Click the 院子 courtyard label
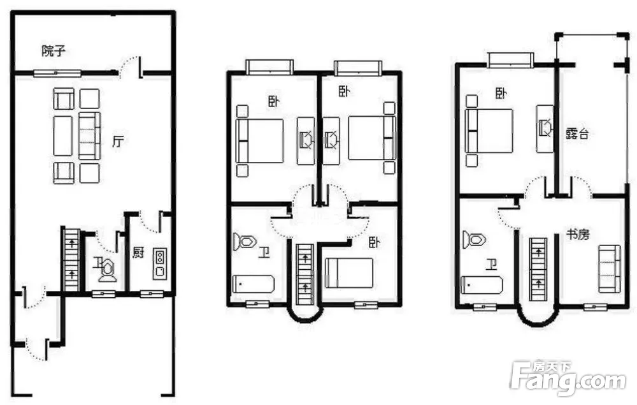point(54,51)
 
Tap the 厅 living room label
point(118,141)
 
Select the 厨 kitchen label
point(138,252)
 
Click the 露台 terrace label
point(577,133)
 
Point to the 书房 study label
point(578,234)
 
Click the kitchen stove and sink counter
point(159,264)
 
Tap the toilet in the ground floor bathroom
point(106,269)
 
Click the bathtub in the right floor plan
point(482,284)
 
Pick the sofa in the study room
point(610,269)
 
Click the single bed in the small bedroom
point(349,273)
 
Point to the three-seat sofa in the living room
point(89,136)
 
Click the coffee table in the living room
point(63,136)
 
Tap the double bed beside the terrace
point(489,131)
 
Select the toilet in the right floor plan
point(474,240)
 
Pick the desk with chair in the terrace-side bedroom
point(545,128)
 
